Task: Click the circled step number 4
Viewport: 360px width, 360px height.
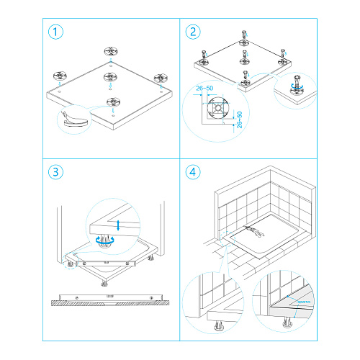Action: point(192,173)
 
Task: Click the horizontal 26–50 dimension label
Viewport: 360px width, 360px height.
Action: point(204,89)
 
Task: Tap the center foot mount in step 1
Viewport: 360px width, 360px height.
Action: point(109,77)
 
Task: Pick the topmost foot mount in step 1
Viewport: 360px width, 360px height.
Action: point(110,51)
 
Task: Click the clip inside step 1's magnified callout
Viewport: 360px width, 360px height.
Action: point(72,117)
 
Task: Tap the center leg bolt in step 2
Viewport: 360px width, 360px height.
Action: point(246,56)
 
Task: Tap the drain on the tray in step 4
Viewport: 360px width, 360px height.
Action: point(256,231)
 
